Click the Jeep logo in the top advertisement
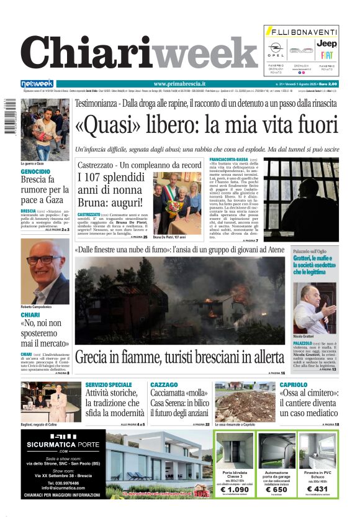326,43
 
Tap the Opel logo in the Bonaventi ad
276,48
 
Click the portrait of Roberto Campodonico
45,271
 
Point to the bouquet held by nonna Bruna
172,206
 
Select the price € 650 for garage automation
276,489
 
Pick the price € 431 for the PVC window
318,489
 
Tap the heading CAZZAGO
164,385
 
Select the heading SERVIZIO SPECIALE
109,385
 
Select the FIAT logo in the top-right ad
326,56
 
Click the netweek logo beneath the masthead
37,84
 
